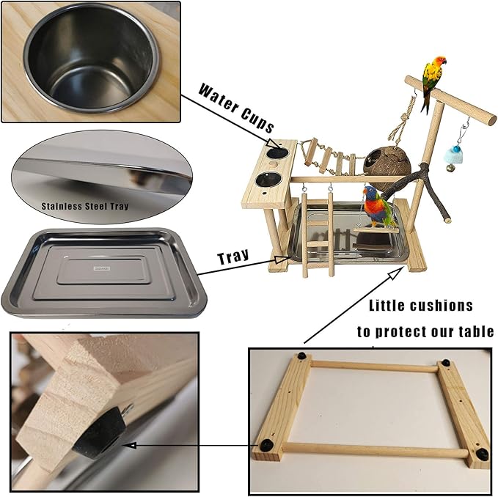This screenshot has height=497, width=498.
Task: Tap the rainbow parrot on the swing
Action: click(378, 207)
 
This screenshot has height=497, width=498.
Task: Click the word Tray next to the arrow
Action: click(233, 257)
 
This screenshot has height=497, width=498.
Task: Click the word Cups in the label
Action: click(257, 120)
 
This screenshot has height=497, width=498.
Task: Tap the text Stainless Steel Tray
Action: click(85, 206)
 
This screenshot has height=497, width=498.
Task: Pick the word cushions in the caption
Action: click(441, 306)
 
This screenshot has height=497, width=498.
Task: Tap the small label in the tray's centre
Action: click(102, 268)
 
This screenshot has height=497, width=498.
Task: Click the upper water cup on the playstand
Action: click(277, 152)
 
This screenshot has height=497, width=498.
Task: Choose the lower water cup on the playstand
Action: click(268, 180)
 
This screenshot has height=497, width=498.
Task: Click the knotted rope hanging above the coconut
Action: click(401, 122)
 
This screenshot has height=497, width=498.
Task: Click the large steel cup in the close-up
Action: click(91, 58)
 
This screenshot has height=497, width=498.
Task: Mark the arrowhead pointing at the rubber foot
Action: click(131, 446)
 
